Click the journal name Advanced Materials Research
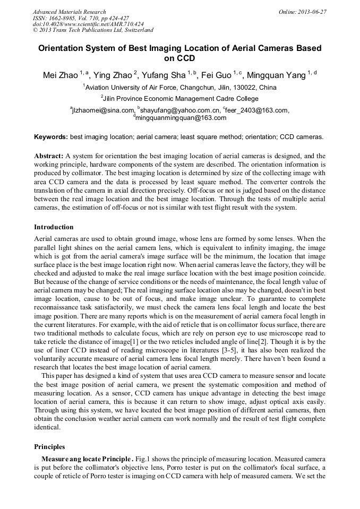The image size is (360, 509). [x=69, y=12]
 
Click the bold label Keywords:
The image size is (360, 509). [x=51, y=137]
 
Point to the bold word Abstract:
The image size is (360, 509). [x=48, y=156]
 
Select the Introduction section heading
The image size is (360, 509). [x=55, y=227]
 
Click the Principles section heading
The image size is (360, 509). [x=49, y=447]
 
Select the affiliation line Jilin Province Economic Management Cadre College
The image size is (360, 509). [x=181, y=98]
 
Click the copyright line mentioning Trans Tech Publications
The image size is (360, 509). [x=93, y=31]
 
